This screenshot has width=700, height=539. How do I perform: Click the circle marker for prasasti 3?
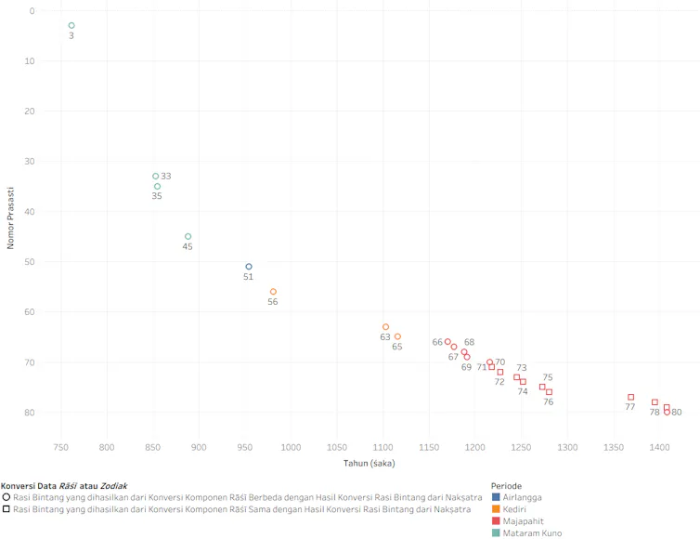coord(71,25)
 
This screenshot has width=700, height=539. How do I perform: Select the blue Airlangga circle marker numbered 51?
coord(249,267)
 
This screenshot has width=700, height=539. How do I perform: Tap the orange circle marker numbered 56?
coord(273,292)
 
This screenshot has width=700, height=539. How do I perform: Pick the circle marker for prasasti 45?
coord(188,236)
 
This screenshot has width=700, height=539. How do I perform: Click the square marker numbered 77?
coord(630,397)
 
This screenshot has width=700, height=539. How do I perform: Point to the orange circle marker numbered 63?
coord(385,327)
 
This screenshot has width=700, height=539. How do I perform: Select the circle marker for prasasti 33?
coord(155,176)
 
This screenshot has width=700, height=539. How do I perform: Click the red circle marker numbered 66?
coord(447,341)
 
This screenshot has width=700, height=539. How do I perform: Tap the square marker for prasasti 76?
coord(549,392)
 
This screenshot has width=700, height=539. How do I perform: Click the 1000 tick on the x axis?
coord(291,447)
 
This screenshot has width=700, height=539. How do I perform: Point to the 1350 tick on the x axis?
coord(614,447)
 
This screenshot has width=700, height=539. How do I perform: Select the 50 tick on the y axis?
coord(30,262)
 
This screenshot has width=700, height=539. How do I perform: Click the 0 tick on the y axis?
coord(32,11)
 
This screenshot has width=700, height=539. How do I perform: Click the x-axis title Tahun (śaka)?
coord(369,464)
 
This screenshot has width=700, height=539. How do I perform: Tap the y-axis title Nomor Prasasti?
coord(11,218)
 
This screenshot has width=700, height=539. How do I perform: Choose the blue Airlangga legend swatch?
coord(496,497)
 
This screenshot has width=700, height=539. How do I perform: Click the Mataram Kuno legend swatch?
coord(496,532)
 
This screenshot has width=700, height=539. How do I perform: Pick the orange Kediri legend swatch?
coord(496,509)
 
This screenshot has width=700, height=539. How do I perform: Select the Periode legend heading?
coord(506,486)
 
